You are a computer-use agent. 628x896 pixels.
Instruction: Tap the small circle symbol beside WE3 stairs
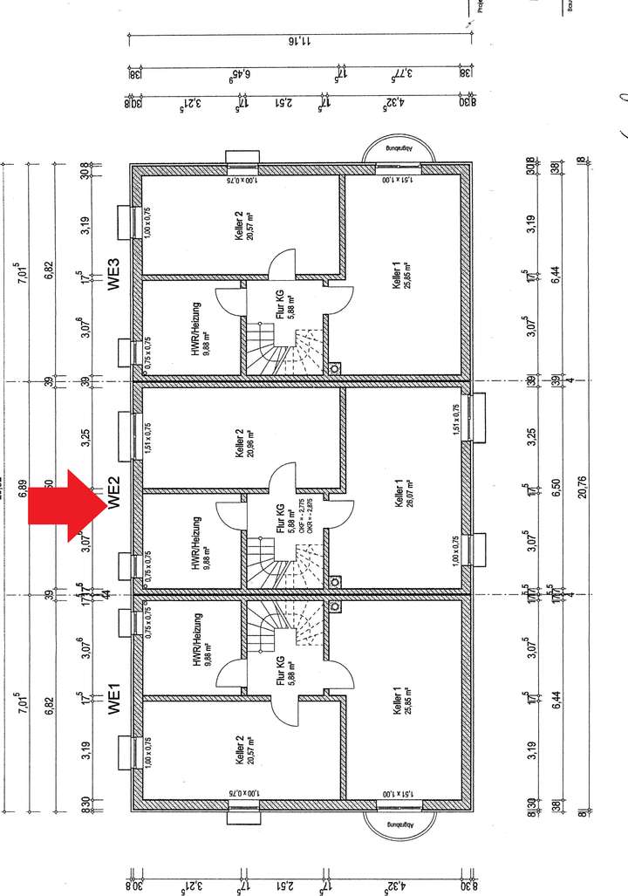pos(336,368)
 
